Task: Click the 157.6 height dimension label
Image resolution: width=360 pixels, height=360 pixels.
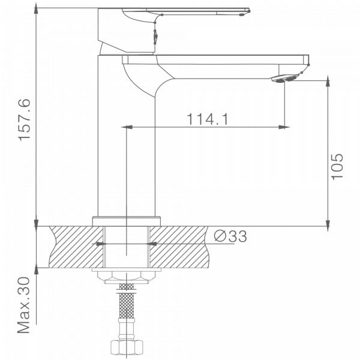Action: click(24, 120)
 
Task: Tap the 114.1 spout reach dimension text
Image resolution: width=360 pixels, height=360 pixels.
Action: click(208, 119)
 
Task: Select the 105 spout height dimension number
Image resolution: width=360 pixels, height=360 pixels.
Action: click(337, 167)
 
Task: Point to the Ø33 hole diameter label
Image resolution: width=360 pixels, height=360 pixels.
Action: click(230, 236)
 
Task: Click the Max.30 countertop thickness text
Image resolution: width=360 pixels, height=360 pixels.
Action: click(23, 305)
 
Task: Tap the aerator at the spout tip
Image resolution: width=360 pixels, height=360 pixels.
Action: click(283, 79)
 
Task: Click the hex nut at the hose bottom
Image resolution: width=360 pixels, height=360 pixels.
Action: click(127, 347)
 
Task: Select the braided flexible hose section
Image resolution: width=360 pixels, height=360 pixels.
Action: click(127, 301)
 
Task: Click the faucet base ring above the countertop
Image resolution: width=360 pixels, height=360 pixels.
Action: click(126, 221)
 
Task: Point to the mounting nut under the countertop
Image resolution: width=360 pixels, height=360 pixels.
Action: click(126, 276)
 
